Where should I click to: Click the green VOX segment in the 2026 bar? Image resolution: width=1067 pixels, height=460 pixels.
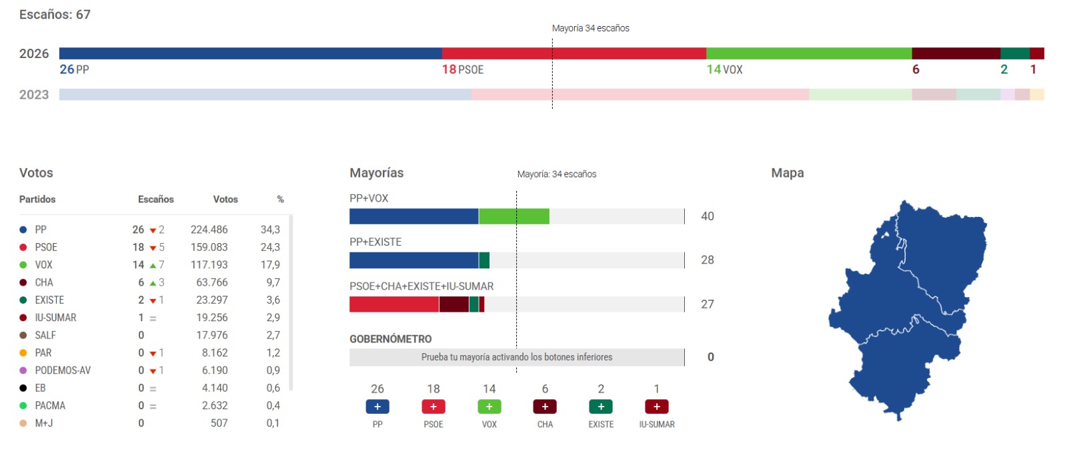pos(808,53)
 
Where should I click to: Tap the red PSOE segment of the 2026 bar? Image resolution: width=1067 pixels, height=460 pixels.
pos(574,53)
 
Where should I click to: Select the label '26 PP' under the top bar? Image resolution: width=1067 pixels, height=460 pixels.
pos(74,69)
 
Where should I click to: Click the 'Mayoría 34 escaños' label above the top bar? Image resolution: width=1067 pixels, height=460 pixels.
pos(590,28)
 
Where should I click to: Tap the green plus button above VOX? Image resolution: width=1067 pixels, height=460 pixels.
pos(489,407)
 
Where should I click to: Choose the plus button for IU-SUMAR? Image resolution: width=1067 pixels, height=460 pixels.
pos(656,407)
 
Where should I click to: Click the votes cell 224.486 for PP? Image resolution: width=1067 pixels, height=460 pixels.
pos(209,230)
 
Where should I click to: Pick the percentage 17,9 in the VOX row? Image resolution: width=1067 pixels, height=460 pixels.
pos(270,265)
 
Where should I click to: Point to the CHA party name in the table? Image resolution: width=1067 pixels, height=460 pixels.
pos(44,282)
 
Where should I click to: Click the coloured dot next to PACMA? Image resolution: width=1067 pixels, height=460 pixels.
pos(23,406)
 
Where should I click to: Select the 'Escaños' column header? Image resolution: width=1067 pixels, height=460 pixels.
pos(155,200)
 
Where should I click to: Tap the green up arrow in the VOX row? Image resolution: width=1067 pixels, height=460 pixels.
pos(153,266)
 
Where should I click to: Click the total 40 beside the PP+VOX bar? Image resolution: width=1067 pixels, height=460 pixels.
pos(707,216)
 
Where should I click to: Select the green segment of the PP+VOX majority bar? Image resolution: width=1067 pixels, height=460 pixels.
pos(513,216)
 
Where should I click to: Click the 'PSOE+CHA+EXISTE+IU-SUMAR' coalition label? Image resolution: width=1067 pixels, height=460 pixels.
pos(421,286)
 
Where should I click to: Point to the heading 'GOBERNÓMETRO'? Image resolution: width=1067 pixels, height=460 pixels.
pos(390,339)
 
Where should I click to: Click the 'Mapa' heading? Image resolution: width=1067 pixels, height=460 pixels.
pos(787,173)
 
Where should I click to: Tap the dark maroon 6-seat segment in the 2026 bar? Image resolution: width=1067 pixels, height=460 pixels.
pos(955,53)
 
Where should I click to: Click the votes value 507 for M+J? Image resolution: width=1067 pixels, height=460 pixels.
pos(219,423)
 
